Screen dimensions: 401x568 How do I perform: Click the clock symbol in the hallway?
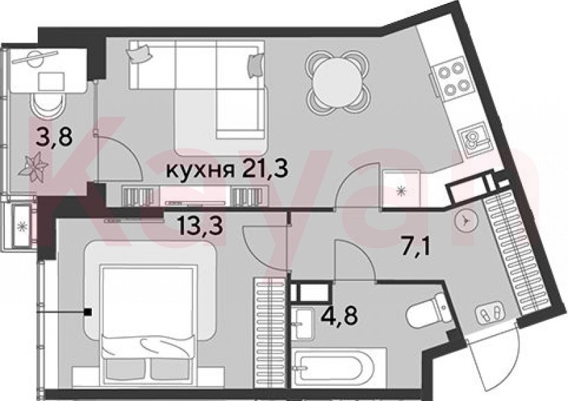pyautogui.click(x=464, y=220)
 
